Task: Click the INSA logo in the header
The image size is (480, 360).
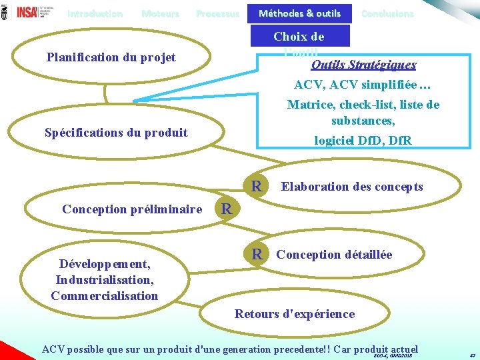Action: tap(28, 12)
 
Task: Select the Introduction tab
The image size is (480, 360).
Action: tap(95, 13)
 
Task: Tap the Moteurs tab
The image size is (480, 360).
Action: tap(160, 13)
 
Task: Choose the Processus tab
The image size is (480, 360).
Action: tap(217, 13)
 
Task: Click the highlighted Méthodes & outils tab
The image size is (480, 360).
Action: tap(299, 13)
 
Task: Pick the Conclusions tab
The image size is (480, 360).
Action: tap(387, 13)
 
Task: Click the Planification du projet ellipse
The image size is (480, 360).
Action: tap(111, 57)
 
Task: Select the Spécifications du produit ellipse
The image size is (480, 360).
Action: tap(116, 132)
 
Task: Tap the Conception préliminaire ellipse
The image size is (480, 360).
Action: tap(132, 209)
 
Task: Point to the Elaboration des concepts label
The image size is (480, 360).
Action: tap(352, 187)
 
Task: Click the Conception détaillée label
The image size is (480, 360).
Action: tap(334, 255)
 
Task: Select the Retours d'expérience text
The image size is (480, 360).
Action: tap(295, 313)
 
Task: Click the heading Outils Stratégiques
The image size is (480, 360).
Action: tap(363, 65)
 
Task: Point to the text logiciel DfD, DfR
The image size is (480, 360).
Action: tap(363, 141)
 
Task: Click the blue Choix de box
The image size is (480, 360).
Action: tap(299, 37)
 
